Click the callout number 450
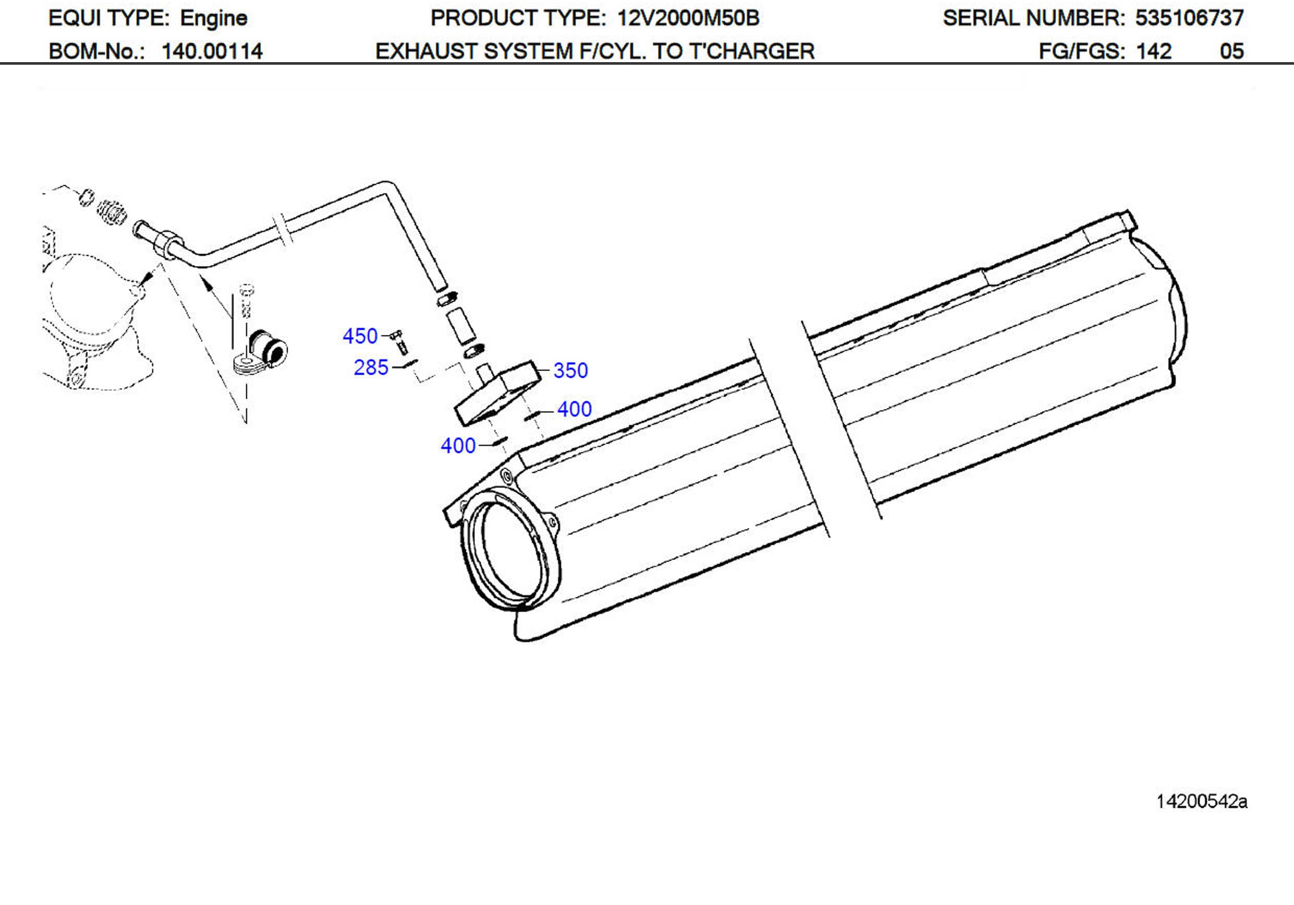[x=360, y=336]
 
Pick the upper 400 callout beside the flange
[x=574, y=409]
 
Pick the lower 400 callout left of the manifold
[x=458, y=446]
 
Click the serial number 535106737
[x=1189, y=18]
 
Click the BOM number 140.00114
[x=212, y=51]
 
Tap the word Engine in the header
[x=214, y=18]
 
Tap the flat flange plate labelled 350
[x=496, y=395]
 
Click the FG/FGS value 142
[x=1154, y=51]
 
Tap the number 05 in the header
[x=1231, y=51]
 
